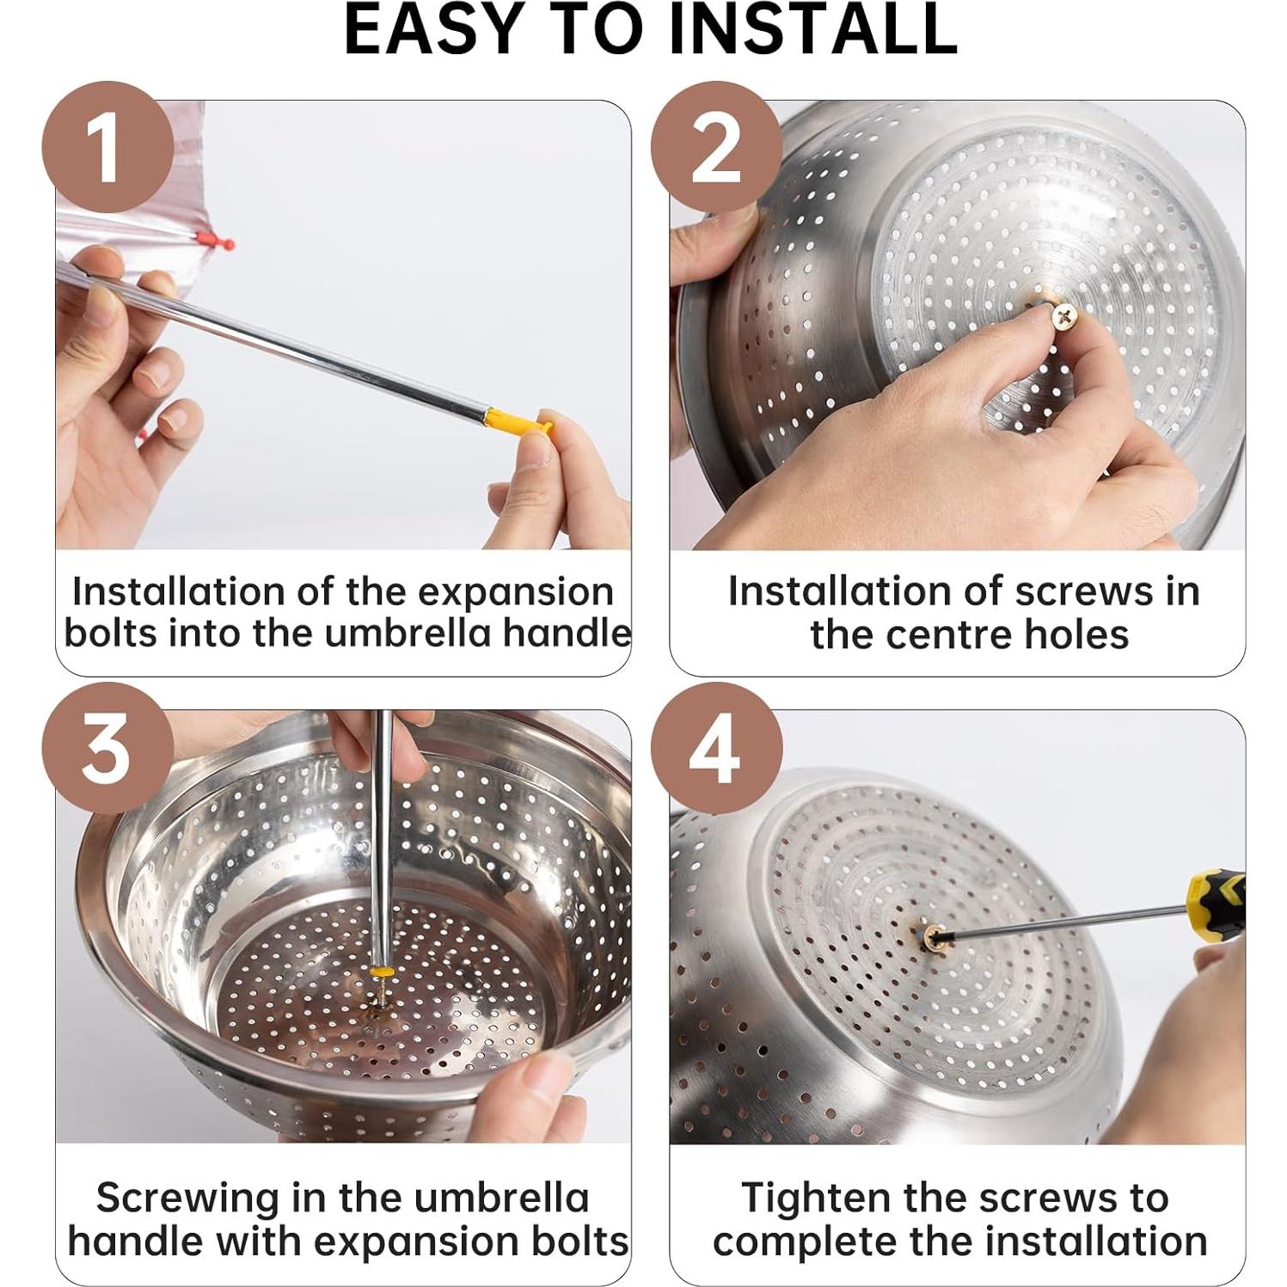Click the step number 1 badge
(x=107, y=147)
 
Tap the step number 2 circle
(x=716, y=147)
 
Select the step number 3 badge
(x=107, y=748)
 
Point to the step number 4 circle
(x=716, y=748)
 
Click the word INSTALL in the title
(x=812, y=30)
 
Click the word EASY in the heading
(x=434, y=30)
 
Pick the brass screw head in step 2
(x=1063, y=316)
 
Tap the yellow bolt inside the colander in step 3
(x=379, y=971)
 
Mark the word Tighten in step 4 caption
(x=807, y=1198)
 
